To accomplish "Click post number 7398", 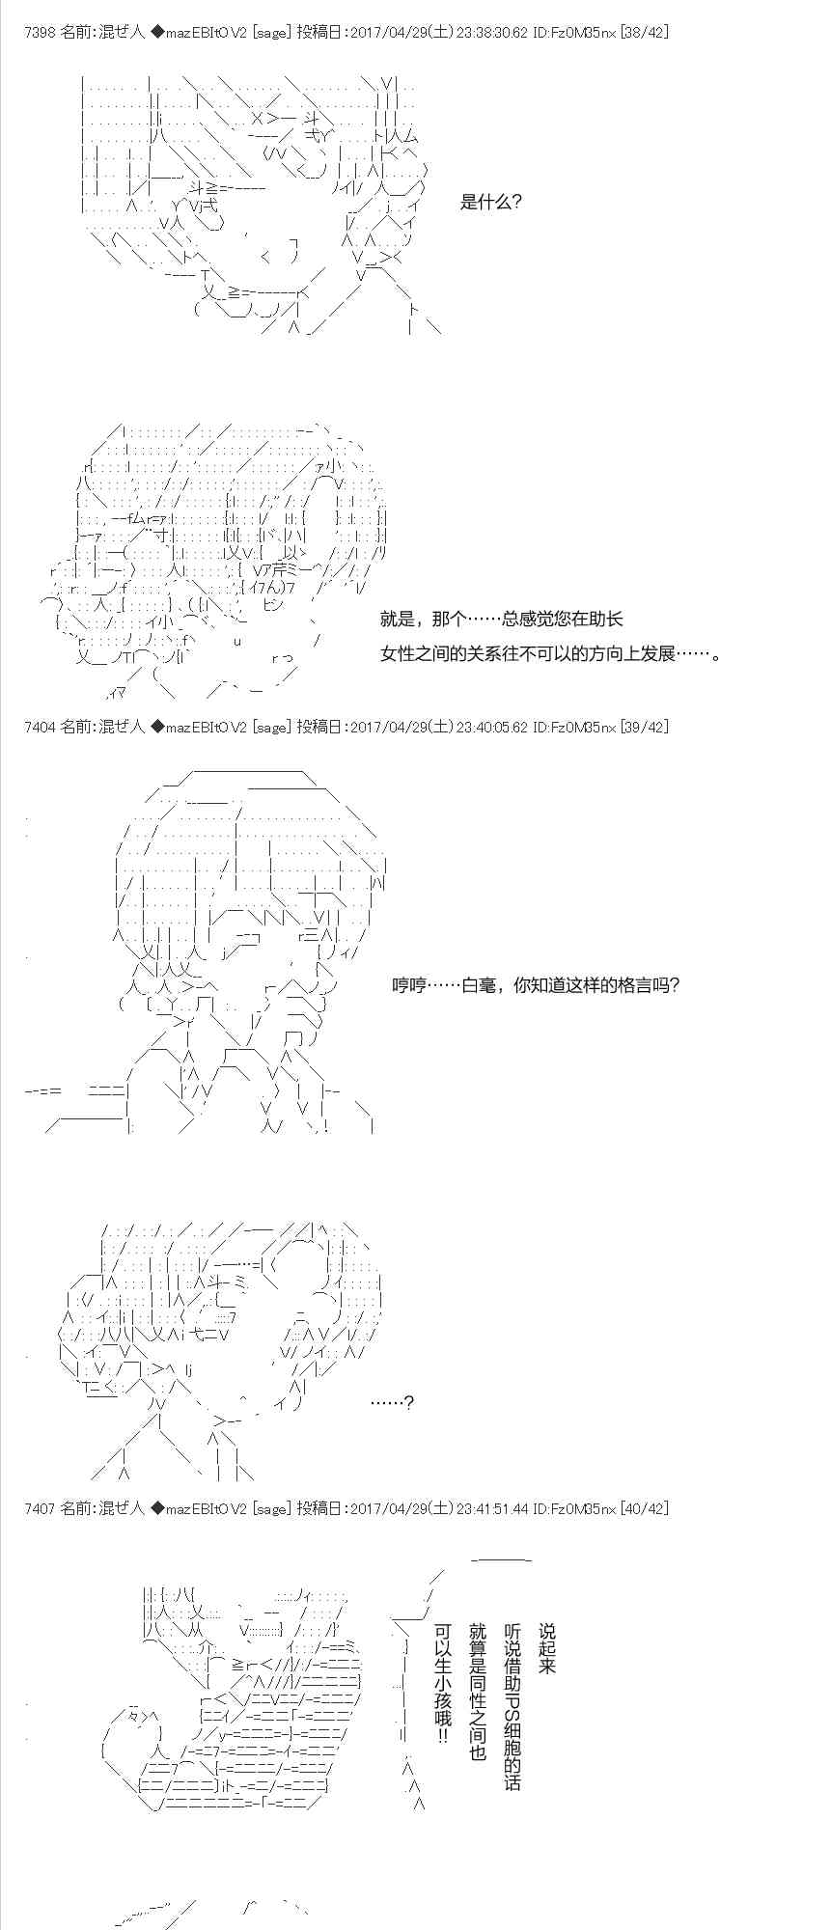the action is point(39,32).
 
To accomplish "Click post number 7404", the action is point(39,727).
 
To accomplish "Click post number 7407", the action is point(39,1508).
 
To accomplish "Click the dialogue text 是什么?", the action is point(491,203).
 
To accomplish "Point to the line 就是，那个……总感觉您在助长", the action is point(502,619).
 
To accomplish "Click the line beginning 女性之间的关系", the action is point(551,653).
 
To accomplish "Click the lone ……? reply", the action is point(393,1402).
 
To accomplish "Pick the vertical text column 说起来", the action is point(547,1649).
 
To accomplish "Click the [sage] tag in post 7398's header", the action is point(271,32).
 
